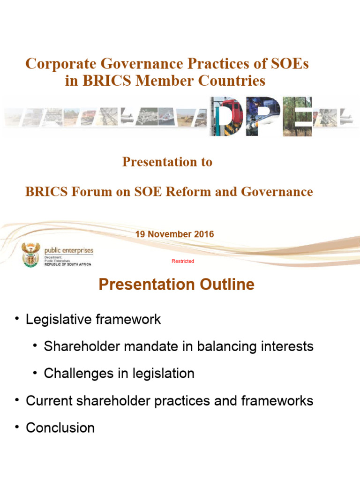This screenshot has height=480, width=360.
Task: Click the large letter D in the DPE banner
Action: [226, 116]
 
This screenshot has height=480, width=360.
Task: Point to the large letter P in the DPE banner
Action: [263, 116]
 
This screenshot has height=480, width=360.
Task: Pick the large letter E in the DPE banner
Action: [298, 116]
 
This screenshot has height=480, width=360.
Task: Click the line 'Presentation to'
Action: [167, 162]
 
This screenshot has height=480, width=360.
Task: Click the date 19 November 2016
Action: [174, 234]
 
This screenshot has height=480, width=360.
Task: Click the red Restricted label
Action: [183, 261]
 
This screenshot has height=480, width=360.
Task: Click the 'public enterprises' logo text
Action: [68, 251]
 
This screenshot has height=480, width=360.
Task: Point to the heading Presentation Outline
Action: [177, 285]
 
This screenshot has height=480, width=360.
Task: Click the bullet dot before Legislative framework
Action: [17, 319]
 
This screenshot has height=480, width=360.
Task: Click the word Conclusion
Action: [60, 427]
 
